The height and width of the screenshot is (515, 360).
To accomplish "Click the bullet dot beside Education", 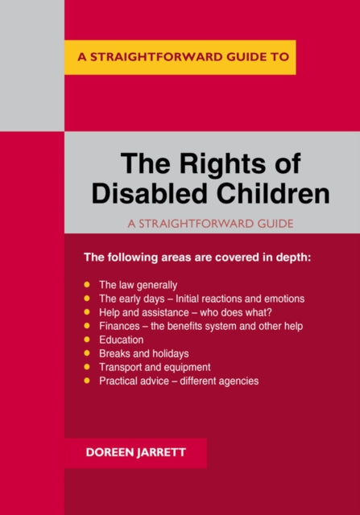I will click(x=87, y=340).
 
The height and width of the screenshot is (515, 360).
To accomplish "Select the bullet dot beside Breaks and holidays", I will click(x=87, y=352).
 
